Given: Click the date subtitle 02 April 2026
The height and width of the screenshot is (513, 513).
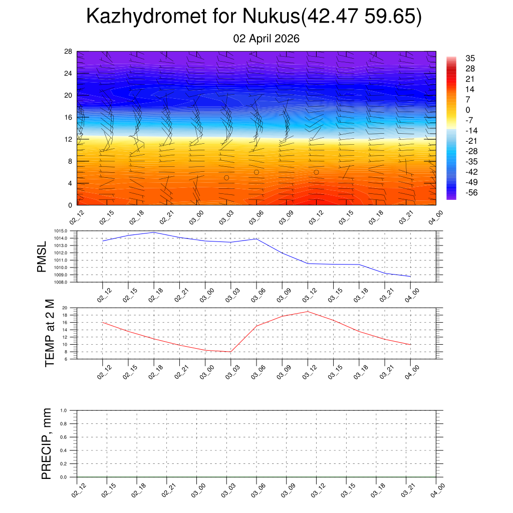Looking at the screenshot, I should tap(267, 39).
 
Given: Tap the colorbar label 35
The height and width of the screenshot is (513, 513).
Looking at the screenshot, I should tap(470, 58).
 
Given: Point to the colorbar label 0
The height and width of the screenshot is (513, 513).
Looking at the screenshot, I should tap(468, 110).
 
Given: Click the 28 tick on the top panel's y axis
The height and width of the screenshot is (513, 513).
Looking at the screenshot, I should tap(69, 52).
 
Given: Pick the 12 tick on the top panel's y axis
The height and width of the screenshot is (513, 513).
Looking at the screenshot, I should tap(69, 139).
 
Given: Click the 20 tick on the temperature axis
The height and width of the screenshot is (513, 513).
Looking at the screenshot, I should tap(65, 308).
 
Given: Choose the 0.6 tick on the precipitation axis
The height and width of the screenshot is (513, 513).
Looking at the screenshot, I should tap(64, 437).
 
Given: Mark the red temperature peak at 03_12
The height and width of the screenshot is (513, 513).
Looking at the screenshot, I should tap(308, 312).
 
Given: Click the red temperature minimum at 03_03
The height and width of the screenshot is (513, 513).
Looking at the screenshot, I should tap(230, 352).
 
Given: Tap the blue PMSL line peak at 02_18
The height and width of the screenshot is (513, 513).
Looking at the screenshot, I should tap(154, 232).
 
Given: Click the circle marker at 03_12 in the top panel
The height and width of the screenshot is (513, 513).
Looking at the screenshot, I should tap(316, 172).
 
